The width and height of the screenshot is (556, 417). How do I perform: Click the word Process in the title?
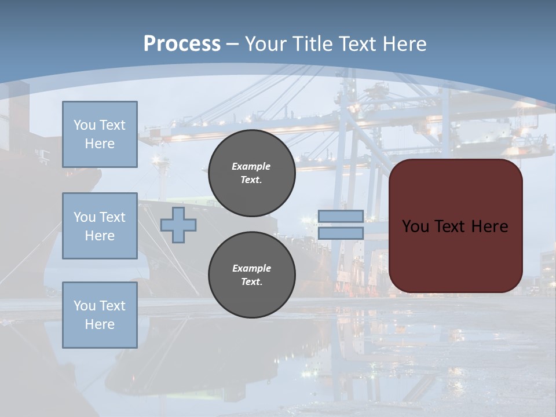tap(182, 44)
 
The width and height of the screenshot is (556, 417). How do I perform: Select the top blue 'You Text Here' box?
tap(100, 134)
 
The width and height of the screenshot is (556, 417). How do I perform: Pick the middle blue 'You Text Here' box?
tap(100, 226)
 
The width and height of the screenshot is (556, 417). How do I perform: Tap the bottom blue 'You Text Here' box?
tap(100, 314)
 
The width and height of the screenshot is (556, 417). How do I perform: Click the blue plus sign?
tap(178, 225)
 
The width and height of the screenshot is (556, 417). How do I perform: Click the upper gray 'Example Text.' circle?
tap(251, 173)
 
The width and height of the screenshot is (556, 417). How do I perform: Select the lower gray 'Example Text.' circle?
tap(251, 275)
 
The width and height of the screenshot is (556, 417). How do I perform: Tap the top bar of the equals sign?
tap(341, 217)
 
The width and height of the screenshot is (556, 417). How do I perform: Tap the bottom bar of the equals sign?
tap(341, 233)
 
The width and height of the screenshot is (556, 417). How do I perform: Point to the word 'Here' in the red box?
tap(489, 226)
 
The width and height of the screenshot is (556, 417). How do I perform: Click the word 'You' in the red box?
tap(415, 226)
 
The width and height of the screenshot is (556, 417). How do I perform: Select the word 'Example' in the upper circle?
tap(251, 167)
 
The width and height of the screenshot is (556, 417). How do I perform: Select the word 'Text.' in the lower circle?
tap(251, 282)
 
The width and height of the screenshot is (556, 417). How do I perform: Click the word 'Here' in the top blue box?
tap(100, 144)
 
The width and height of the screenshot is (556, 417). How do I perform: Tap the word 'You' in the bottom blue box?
tap(85, 306)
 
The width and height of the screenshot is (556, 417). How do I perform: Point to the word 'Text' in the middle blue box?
tap(112, 217)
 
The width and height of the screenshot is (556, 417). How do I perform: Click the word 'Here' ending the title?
tap(403, 44)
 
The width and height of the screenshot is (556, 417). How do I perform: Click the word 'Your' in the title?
tap(264, 44)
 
